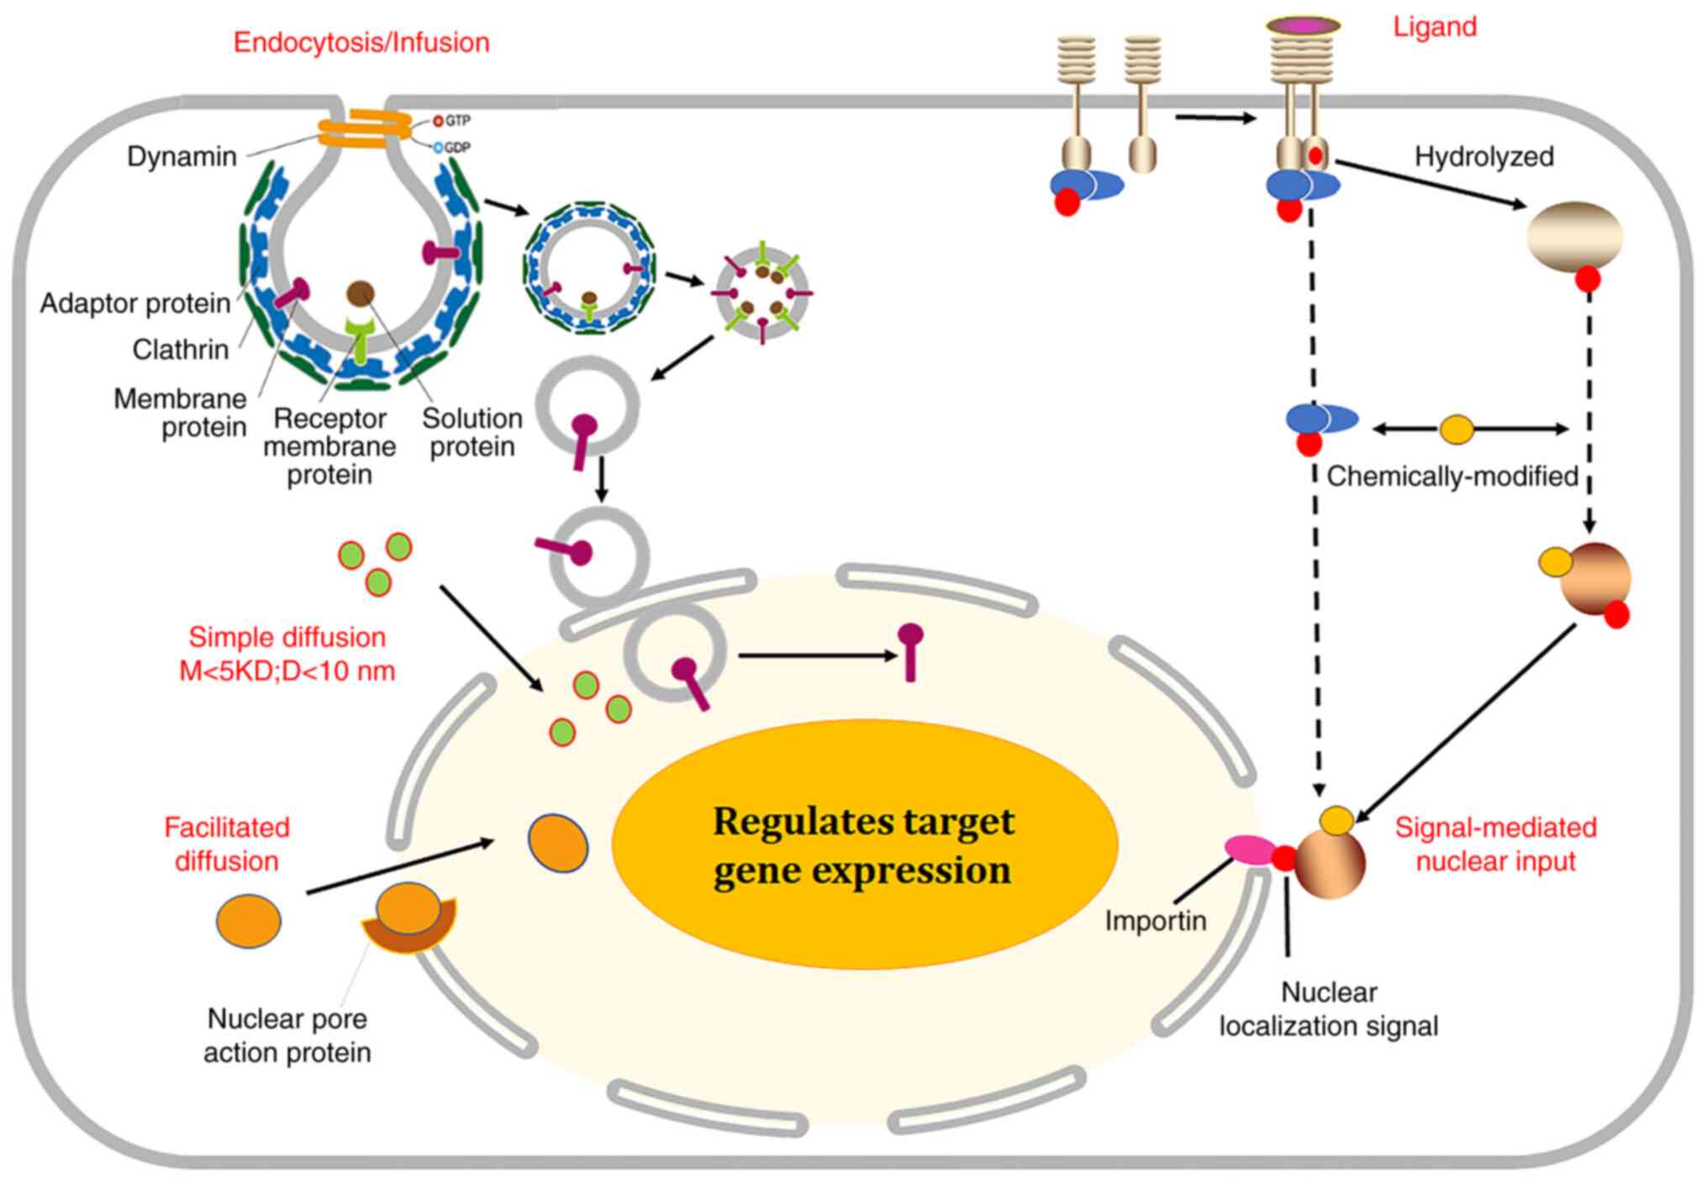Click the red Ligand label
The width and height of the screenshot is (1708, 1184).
[1434, 27]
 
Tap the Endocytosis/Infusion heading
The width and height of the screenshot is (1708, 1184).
[361, 43]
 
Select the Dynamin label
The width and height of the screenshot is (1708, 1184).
[182, 156]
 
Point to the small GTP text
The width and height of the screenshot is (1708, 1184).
[457, 121]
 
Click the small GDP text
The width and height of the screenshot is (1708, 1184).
[457, 148]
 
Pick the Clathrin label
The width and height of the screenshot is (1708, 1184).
[181, 350]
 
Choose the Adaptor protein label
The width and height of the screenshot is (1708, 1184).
[135, 303]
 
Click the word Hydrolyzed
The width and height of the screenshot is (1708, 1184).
[1484, 157]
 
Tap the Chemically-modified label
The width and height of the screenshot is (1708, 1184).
[1452, 476]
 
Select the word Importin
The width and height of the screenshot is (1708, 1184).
[1155, 921]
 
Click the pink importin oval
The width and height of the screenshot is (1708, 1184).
[1249, 850]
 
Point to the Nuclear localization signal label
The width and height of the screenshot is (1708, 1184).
[1329, 1009]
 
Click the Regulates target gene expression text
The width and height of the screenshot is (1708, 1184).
[864, 845]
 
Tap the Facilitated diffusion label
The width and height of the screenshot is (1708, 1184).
[227, 845]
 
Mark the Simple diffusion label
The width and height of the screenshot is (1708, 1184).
[287, 654]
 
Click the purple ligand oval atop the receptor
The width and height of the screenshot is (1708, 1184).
[1304, 26]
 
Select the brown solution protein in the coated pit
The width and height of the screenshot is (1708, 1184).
[361, 293]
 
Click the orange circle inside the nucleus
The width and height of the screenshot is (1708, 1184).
[558, 843]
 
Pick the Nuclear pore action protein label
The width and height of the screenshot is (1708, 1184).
[287, 1035]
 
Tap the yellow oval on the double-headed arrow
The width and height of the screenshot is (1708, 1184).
[1457, 429]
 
